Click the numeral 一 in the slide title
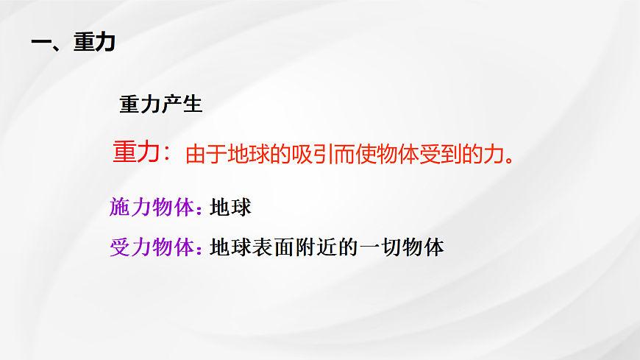tap(40, 43)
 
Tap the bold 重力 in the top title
tap(93, 43)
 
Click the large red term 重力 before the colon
tap(136, 152)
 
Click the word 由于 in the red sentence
tap(207, 155)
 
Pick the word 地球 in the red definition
tap(249, 155)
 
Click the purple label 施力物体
tap(151, 208)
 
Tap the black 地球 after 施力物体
tap(230, 208)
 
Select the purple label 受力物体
tap(151, 247)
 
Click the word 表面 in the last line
tap(273, 247)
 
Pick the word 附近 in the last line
tap(316, 247)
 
